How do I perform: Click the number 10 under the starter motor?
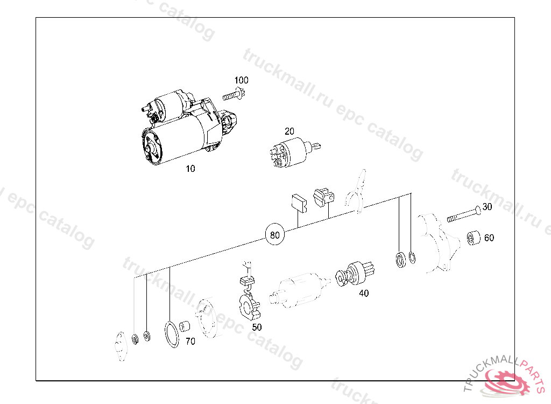(190, 169)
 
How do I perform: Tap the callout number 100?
(242, 80)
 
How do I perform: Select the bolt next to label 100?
(234, 95)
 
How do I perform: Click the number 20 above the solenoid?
(289, 131)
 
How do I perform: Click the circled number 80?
(275, 235)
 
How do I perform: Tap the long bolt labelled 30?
(464, 214)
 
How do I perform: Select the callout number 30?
(487, 207)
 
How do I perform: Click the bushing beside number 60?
(474, 238)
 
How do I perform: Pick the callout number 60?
(489, 238)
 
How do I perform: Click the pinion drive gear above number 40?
(355, 273)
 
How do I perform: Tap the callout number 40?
(364, 293)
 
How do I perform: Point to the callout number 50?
(257, 328)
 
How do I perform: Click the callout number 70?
(190, 342)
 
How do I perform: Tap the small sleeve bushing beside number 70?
(185, 326)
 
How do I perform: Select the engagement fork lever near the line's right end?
(356, 191)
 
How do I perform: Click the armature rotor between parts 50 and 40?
(299, 291)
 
